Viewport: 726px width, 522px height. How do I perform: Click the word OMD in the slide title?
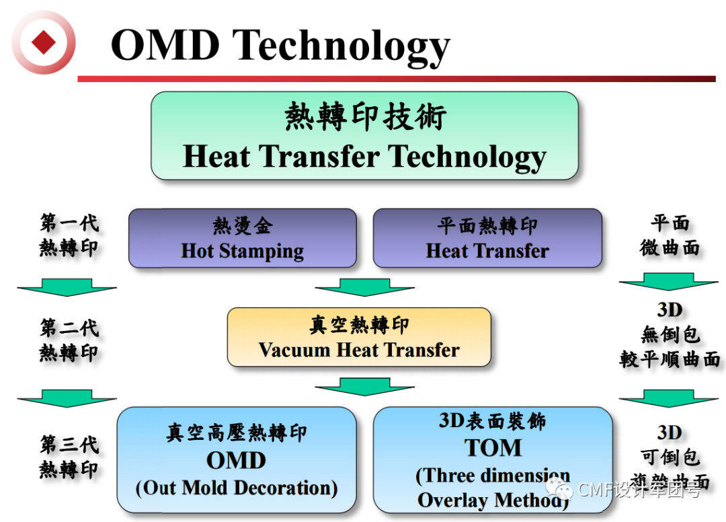165,46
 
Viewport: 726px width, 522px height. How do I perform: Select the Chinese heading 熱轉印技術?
364,117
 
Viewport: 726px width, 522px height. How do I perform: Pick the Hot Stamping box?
242,238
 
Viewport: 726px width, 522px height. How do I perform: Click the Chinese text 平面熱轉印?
487,226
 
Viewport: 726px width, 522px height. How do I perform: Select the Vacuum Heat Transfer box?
359,337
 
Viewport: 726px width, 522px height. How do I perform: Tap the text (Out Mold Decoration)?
237,488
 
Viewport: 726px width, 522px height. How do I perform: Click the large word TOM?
493,447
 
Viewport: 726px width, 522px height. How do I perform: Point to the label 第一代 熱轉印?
69,235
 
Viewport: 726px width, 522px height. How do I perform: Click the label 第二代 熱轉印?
69,340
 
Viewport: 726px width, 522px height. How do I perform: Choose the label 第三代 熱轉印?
69,457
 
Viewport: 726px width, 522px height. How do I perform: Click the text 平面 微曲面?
670,235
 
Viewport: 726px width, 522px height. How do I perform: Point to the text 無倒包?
670,334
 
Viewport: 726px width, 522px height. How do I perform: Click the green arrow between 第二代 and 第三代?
67,398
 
